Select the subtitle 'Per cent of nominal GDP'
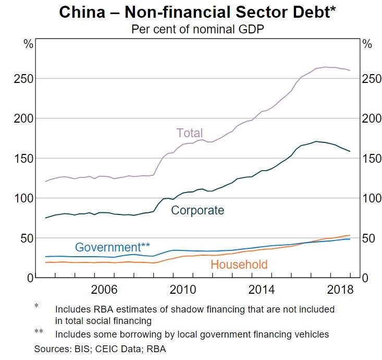point(190,29)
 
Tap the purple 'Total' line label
point(190,133)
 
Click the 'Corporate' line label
point(198,210)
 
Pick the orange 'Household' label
point(239,265)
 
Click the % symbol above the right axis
point(367,44)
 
